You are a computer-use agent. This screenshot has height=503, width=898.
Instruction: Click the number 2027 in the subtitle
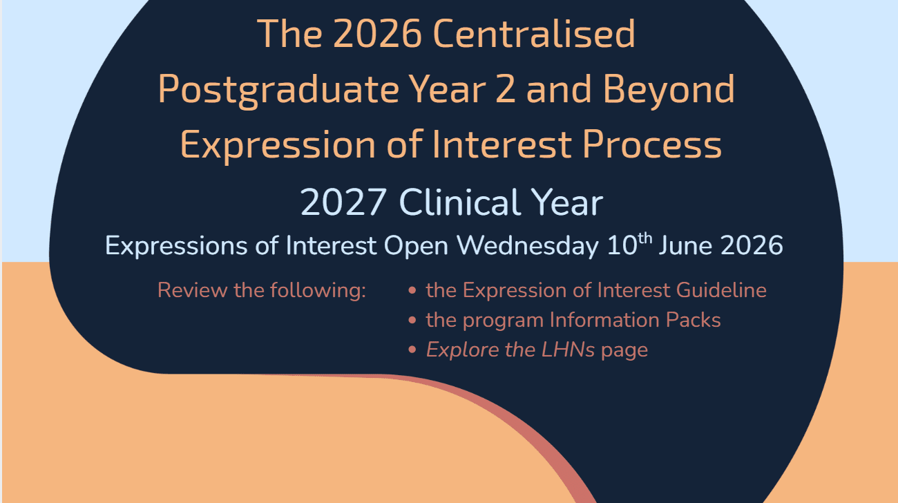(343, 203)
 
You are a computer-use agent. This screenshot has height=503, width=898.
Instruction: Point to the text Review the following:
(261, 290)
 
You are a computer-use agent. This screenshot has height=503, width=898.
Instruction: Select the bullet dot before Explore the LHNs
(412, 350)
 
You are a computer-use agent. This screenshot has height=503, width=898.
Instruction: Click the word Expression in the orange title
(278, 145)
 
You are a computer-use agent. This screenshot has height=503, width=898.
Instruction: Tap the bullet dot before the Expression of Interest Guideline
(412, 290)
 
